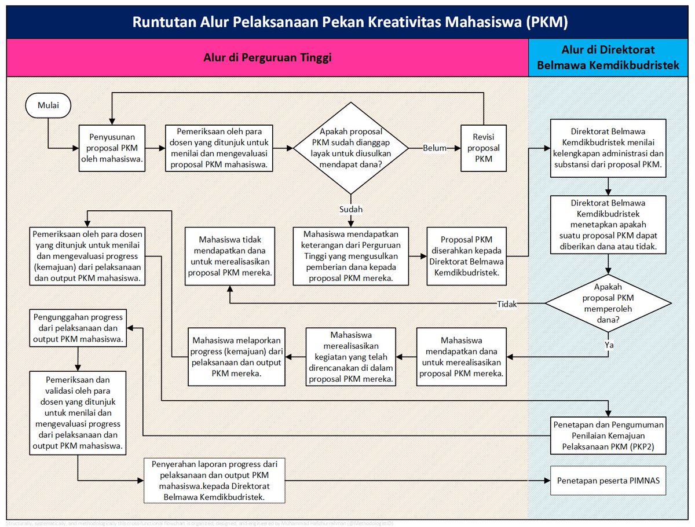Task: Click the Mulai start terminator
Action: [47, 106]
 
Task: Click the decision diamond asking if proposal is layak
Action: [350, 148]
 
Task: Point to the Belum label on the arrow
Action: [434, 148]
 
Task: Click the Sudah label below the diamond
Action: [350, 209]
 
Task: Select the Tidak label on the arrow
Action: [507, 304]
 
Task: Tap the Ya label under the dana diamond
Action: [609, 345]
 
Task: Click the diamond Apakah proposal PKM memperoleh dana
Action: [609, 303]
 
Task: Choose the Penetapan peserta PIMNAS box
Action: [608, 481]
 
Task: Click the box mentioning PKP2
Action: [608, 435]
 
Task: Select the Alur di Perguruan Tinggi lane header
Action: [267, 58]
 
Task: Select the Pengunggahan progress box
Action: [78, 328]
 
